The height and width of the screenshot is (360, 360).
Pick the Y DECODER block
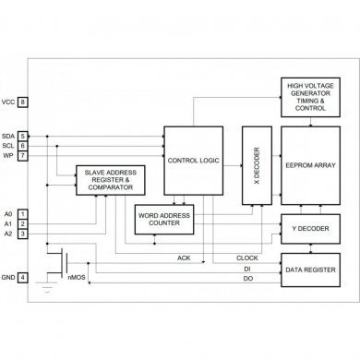(x=305, y=228)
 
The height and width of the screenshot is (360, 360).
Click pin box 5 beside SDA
(x=22, y=136)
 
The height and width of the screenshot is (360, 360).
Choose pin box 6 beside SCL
(x=22, y=145)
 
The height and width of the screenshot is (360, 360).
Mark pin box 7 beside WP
(x=22, y=155)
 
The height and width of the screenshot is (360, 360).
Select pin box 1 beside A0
(x=22, y=212)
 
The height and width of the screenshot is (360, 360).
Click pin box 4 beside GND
(x=22, y=277)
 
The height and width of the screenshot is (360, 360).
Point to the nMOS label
(x=78, y=277)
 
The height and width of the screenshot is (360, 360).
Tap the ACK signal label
(x=184, y=258)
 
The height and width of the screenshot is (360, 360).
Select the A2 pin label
(x=8, y=233)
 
